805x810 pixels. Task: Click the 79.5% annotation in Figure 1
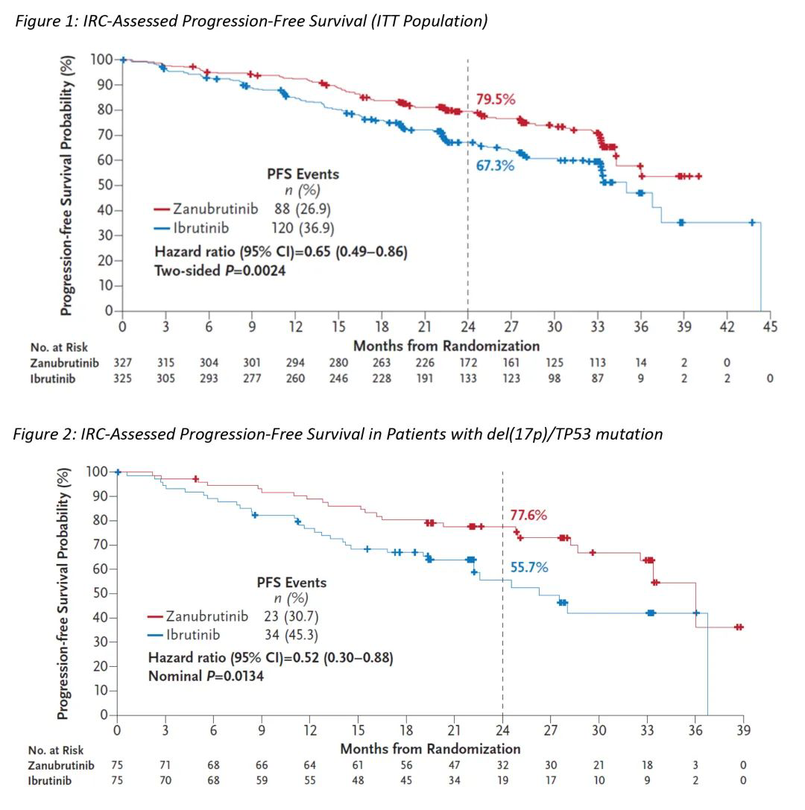click(496, 99)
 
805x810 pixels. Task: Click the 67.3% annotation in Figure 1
click(495, 165)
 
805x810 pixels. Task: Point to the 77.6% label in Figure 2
click(528, 515)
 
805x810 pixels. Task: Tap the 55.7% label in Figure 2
click(529, 568)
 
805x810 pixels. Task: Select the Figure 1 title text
click(250, 21)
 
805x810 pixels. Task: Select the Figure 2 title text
click(338, 434)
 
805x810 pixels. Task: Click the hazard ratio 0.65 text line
click(280, 252)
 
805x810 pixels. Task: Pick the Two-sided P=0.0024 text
click(220, 270)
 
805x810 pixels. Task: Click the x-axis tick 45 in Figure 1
click(770, 326)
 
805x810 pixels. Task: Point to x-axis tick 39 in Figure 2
click(743, 730)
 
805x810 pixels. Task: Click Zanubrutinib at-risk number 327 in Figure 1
click(123, 363)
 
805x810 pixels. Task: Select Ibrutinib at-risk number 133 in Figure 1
click(467, 379)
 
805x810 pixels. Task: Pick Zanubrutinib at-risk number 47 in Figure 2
click(454, 765)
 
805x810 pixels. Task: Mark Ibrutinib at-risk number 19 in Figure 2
click(502, 781)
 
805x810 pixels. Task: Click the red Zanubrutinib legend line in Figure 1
click(162, 209)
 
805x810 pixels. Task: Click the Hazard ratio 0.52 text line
click(271, 658)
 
